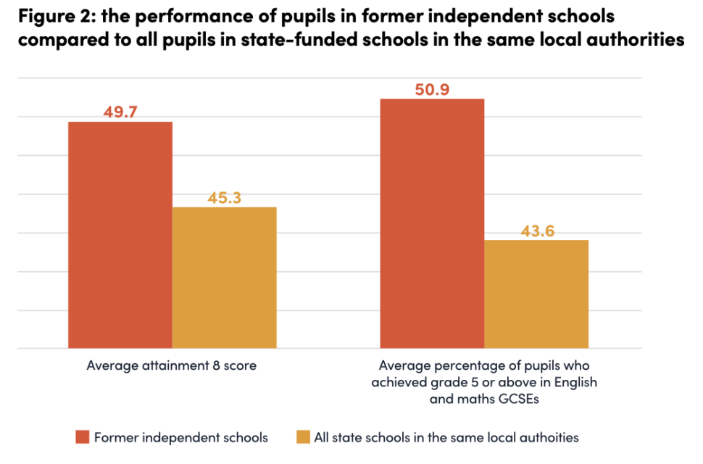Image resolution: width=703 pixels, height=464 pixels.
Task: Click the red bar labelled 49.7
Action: (x=120, y=235)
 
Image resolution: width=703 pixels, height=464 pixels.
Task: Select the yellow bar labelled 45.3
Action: (x=225, y=278)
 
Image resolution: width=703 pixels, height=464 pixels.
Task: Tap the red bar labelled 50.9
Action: (x=433, y=223)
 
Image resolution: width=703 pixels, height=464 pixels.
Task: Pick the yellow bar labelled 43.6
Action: (x=536, y=294)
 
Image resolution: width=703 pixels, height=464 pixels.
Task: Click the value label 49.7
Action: (x=120, y=112)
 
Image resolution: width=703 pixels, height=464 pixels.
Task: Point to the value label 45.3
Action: (x=225, y=198)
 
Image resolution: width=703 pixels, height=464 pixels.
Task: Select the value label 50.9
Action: (x=433, y=89)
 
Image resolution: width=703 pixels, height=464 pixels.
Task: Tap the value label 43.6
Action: (x=536, y=231)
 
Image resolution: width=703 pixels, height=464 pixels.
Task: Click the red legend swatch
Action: (x=82, y=437)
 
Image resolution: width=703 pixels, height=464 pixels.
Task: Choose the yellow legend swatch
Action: (x=303, y=437)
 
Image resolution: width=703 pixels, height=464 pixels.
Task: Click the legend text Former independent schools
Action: (x=181, y=437)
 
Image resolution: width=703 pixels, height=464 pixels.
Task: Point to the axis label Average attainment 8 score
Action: (x=171, y=365)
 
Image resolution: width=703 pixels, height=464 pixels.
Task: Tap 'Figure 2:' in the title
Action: (x=46, y=17)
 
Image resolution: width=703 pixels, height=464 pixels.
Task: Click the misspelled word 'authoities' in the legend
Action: (x=551, y=437)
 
